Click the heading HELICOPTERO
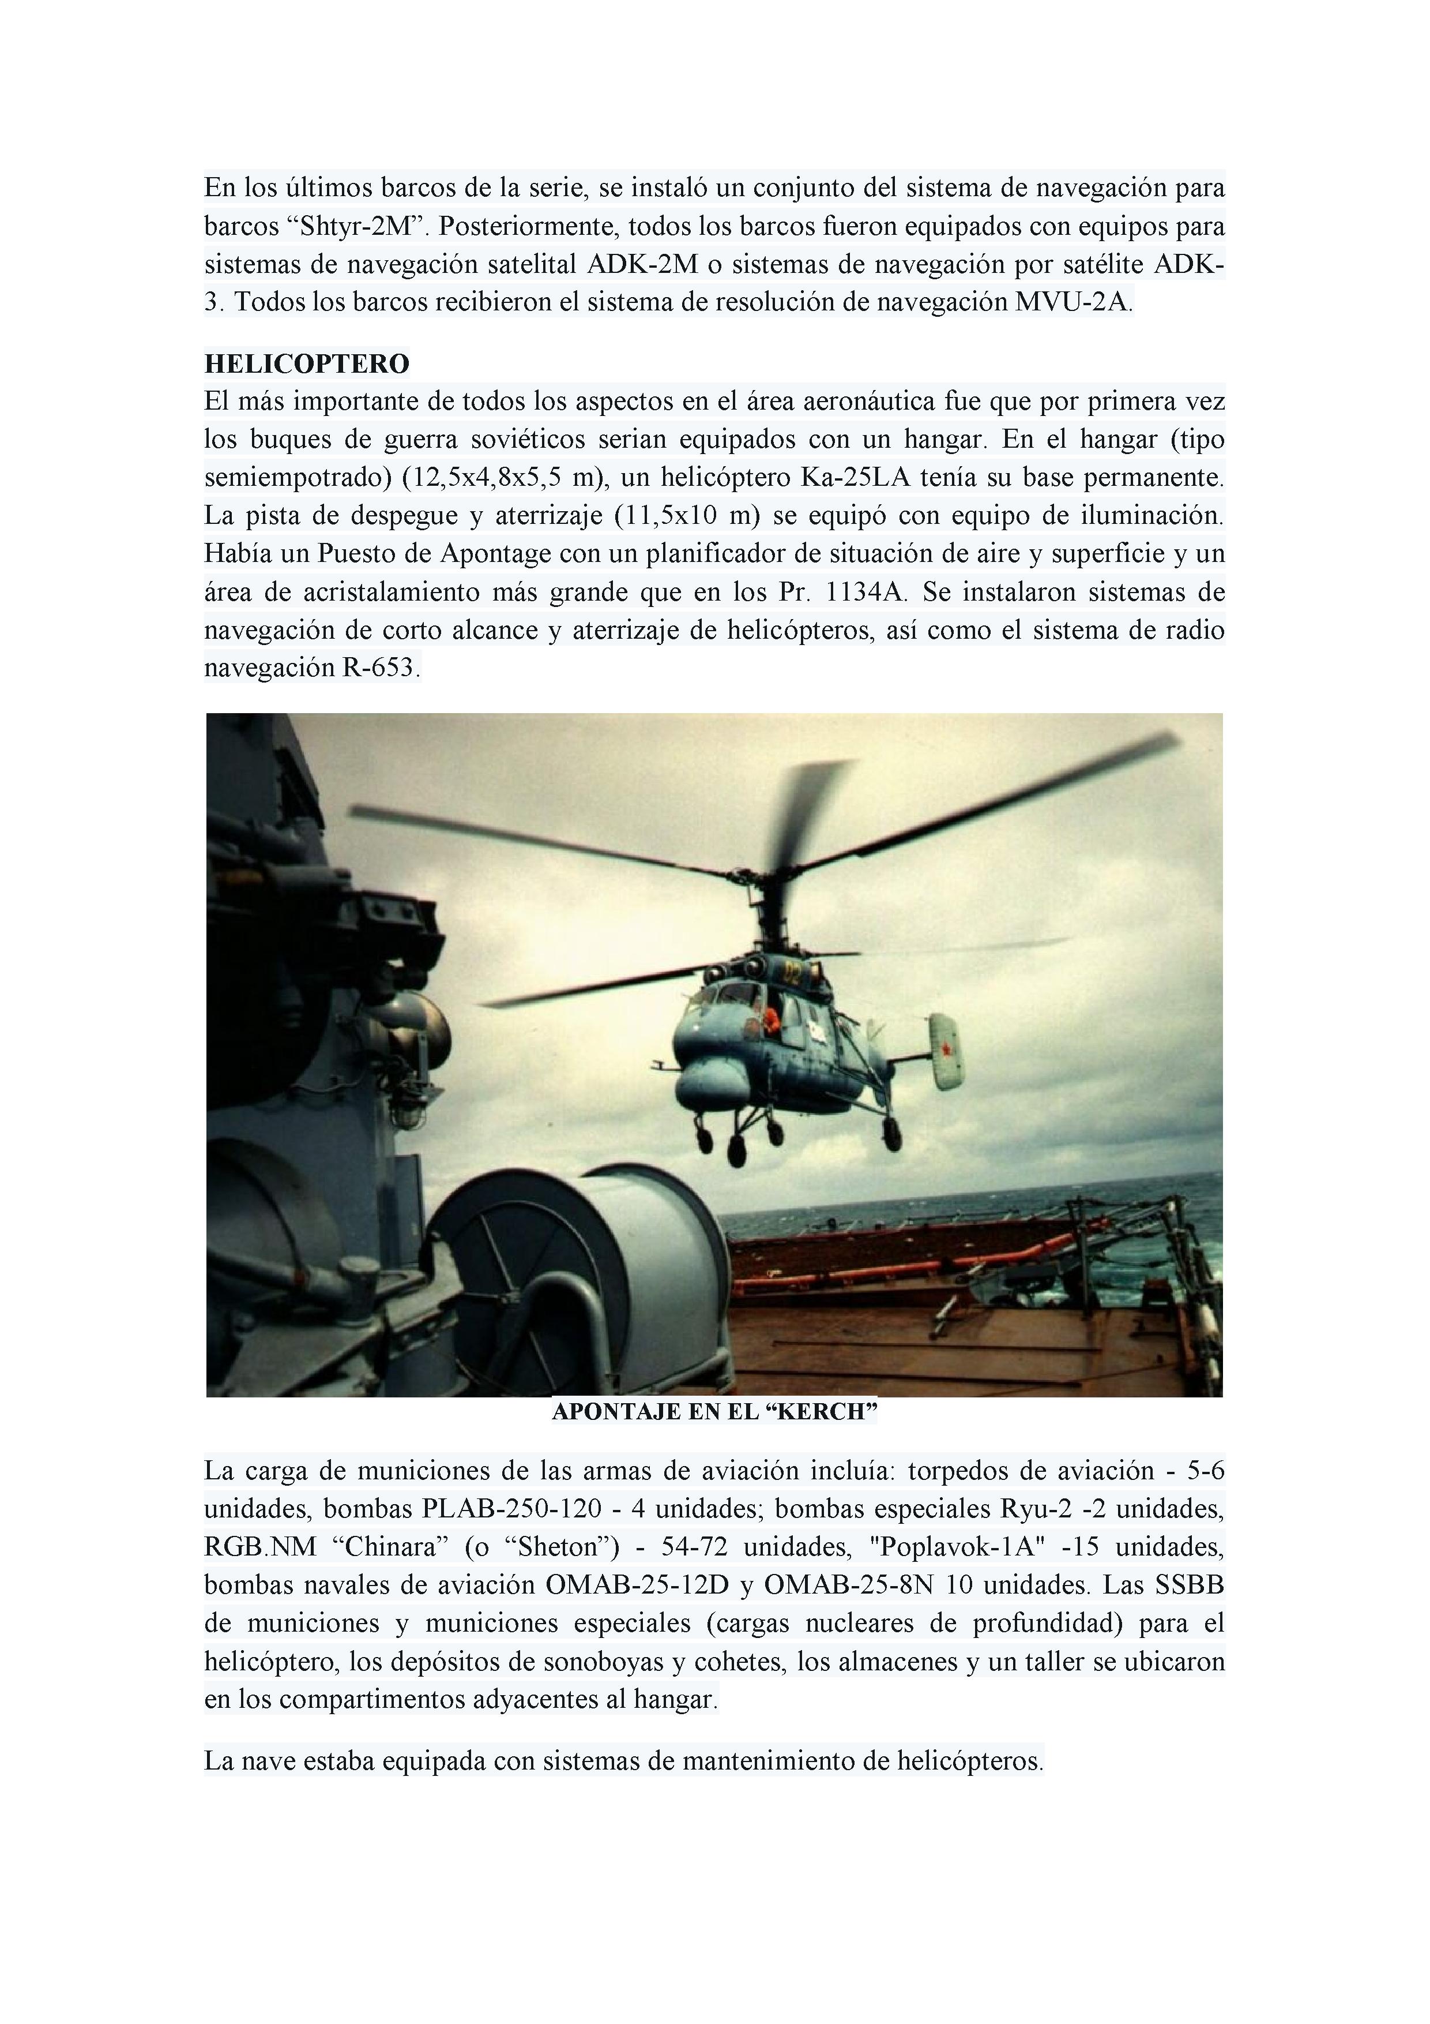307,363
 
